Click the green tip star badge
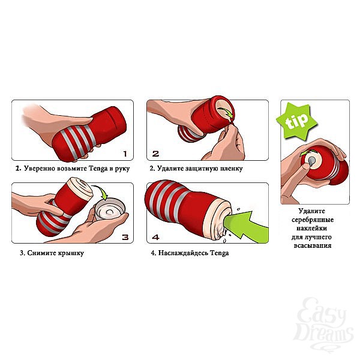click(x=296, y=121)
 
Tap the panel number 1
click(x=125, y=154)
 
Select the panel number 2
click(x=155, y=154)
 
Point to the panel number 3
click(x=125, y=237)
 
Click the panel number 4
click(x=155, y=237)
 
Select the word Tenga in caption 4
click(x=220, y=253)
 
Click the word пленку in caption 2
click(x=231, y=169)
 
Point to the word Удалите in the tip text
click(x=312, y=211)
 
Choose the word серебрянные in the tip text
click(x=313, y=220)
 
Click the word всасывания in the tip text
click(x=313, y=245)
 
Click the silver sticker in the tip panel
click(x=311, y=161)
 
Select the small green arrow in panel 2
click(x=226, y=113)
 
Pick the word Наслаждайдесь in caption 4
click(x=184, y=253)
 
